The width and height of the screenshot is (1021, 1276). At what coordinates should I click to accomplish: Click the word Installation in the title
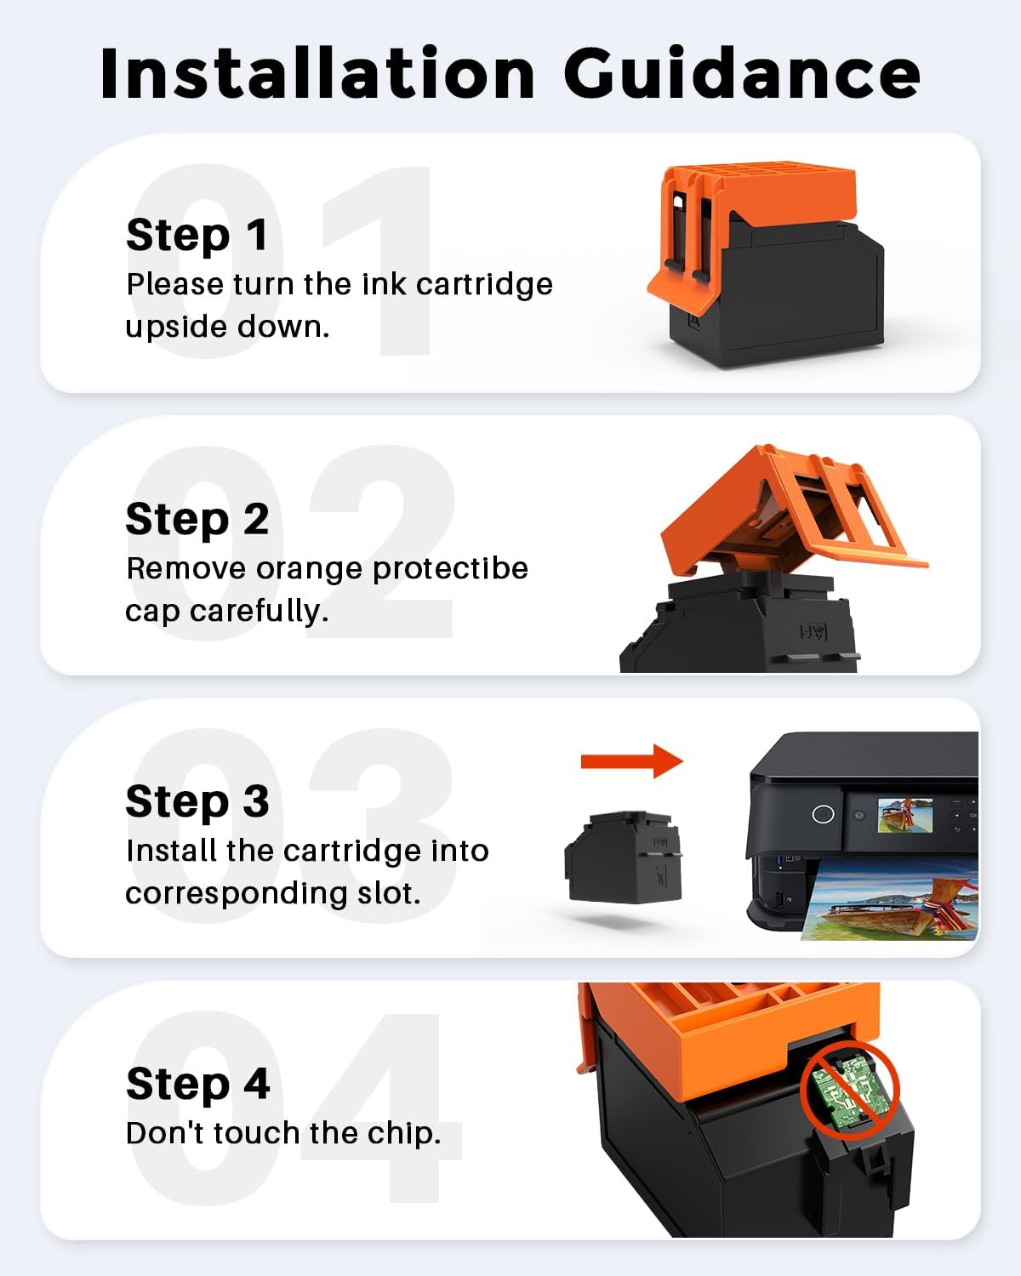coord(318,73)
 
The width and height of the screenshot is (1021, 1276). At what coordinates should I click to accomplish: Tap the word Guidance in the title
coord(742,73)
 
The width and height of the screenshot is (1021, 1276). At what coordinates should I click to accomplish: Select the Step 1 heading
coord(197,236)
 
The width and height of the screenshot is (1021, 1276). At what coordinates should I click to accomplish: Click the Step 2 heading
coord(197,520)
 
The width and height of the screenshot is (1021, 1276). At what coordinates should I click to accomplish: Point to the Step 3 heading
coord(197,801)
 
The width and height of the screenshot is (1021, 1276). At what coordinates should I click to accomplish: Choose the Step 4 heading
coord(198,1084)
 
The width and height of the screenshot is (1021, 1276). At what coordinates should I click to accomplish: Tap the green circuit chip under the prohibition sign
coord(844,1090)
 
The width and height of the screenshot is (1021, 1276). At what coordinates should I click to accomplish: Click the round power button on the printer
coord(822,814)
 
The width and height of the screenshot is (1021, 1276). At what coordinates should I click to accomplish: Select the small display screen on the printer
coord(904,815)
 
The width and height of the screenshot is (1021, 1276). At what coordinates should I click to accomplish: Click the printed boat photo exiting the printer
coord(890,899)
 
